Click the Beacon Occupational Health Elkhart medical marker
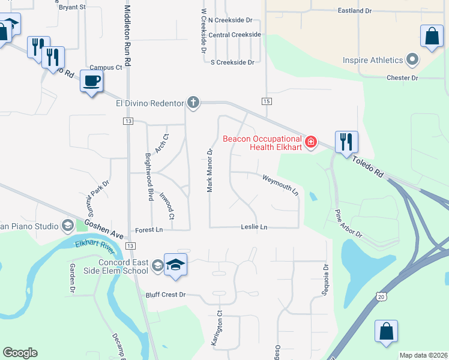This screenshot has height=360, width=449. (311, 142)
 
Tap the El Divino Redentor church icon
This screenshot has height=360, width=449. (193, 103)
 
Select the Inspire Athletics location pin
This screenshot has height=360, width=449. (412, 60)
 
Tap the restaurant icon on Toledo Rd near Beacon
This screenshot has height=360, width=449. (346, 143)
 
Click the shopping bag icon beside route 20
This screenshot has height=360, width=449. (386, 332)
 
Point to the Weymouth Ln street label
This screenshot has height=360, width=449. (280, 184)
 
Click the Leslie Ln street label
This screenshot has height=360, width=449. (254, 227)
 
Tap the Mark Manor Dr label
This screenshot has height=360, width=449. (210, 170)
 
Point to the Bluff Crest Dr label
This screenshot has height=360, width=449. (166, 295)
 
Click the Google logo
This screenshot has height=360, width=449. (20, 353)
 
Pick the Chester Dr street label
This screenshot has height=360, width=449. (402, 78)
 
